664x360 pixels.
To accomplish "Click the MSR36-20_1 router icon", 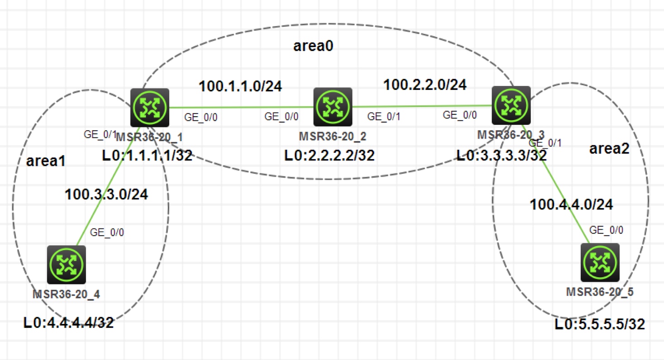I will coord(149,108).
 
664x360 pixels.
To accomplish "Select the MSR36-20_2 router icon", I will coord(332,107).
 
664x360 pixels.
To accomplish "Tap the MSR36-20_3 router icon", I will coord(511,104).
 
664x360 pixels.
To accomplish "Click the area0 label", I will coord(313,47).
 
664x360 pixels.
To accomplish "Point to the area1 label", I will coord(46,161).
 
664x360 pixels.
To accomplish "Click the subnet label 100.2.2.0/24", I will coord(425,84).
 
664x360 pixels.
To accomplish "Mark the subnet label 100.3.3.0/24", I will coord(107,194).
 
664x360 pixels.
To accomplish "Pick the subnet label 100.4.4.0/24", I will coord(571,204).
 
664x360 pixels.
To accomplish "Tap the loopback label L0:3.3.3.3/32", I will coord(501,156).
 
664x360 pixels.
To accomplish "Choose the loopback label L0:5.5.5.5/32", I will coord(600,324).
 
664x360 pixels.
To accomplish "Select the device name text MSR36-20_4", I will coord(66,295).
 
